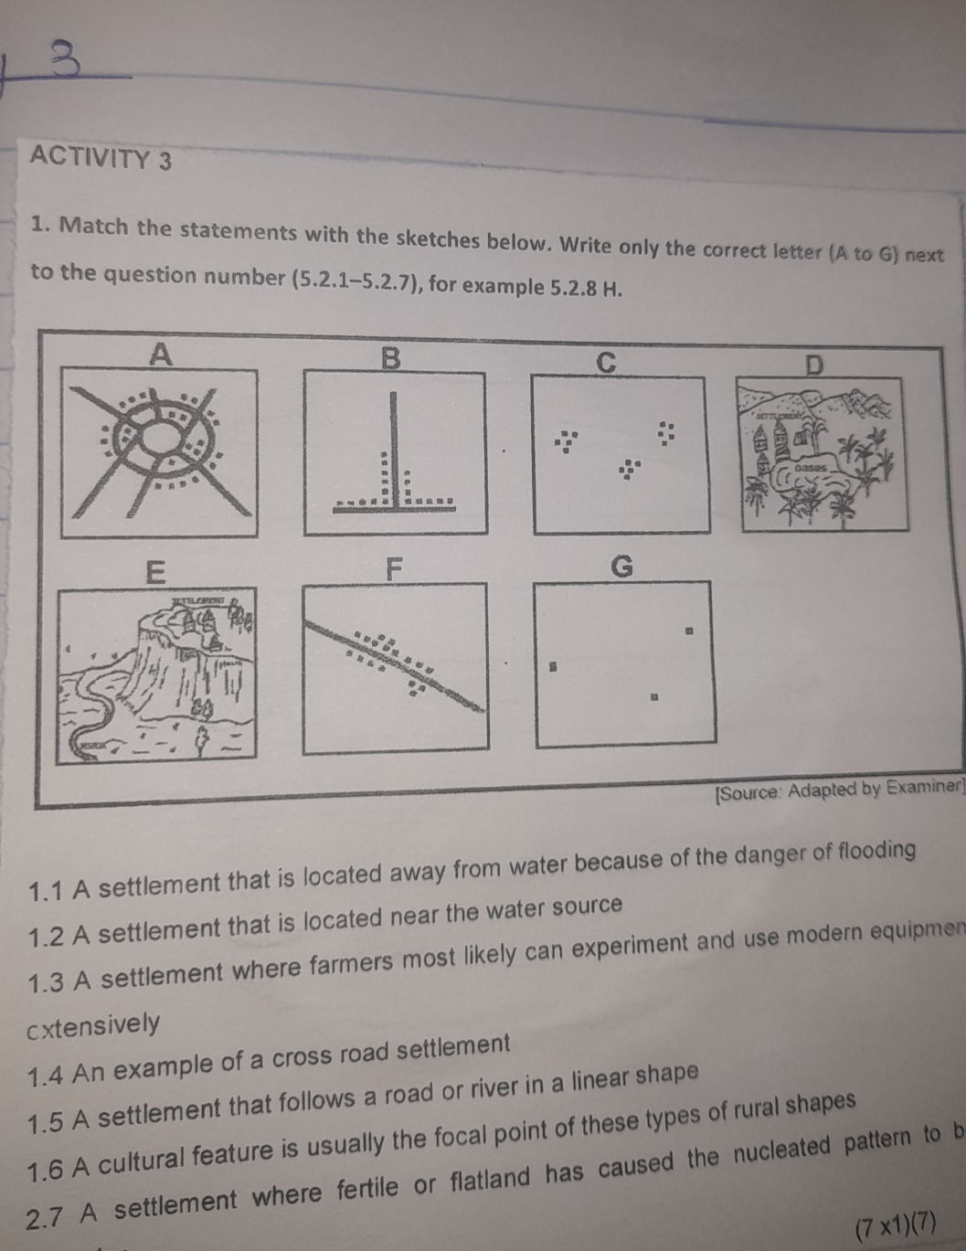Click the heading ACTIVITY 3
[101, 158]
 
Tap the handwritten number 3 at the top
[64, 60]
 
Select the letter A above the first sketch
[160, 354]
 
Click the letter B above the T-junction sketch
[390, 359]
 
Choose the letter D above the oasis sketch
[813, 366]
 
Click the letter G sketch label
[621, 567]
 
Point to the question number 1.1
[47, 890]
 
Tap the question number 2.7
[47, 1217]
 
